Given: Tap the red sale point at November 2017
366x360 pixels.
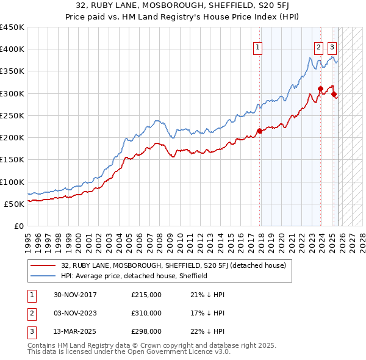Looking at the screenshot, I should click(x=259, y=131).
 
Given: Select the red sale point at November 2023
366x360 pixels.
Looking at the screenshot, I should click(x=320, y=89).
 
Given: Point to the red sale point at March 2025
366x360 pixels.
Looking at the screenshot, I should click(x=334, y=94).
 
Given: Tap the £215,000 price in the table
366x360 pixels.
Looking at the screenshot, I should click(x=146, y=295).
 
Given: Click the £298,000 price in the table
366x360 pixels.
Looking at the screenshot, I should click(x=146, y=333).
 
